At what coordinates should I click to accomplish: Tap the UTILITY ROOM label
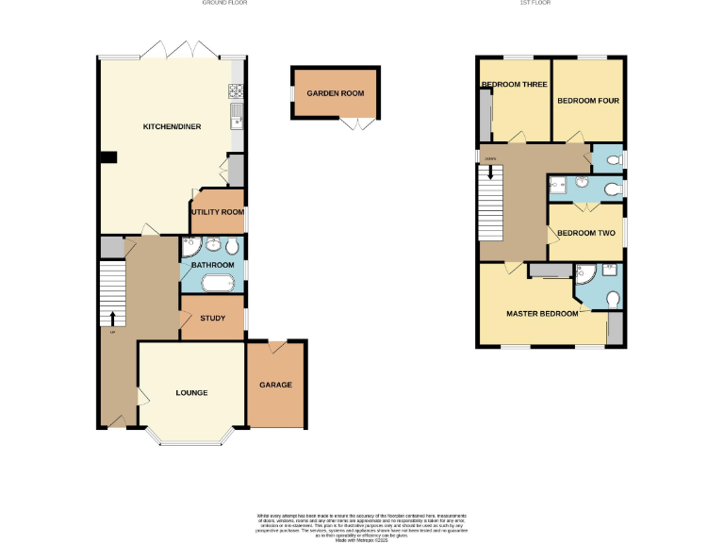coord(217,212)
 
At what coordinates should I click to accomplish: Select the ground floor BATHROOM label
coord(212,265)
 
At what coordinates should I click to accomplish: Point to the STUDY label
coord(213,318)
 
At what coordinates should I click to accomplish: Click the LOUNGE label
coord(191,392)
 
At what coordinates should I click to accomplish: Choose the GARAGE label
coord(275,385)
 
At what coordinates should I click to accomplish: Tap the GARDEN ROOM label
coord(335,93)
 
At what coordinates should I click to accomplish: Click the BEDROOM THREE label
coord(514,85)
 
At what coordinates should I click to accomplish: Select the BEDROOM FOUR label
coord(587,100)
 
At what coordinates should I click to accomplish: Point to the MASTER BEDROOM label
coord(542,313)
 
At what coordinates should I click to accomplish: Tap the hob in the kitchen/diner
coord(236,91)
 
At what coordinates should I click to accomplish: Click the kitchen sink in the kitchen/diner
coord(236,119)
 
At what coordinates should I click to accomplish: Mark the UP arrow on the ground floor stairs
coord(112,319)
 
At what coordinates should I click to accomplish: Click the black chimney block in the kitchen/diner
coord(108,158)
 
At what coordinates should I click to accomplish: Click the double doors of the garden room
coord(358,125)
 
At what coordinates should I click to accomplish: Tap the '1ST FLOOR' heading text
coord(535,4)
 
